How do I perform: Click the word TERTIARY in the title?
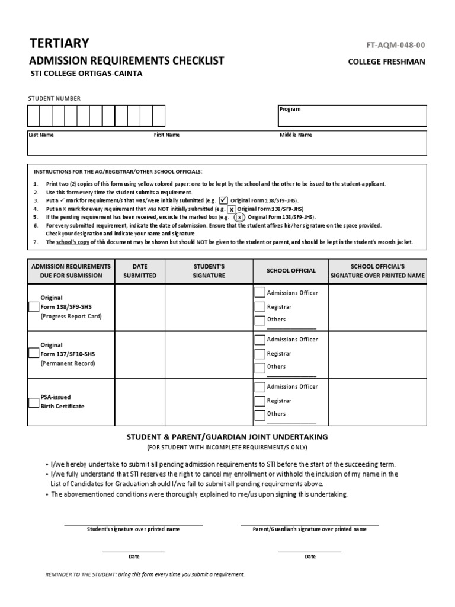[x=59, y=43]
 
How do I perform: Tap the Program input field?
[x=352, y=116]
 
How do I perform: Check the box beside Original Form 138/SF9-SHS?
[x=34, y=306]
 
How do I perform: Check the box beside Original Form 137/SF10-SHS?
[x=34, y=354]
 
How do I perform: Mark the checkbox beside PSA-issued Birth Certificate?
[x=34, y=402]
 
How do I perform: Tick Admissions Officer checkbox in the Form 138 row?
[x=259, y=292]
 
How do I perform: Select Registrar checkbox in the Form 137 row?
[x=259, y=354]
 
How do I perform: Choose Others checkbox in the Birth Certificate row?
[x=259, y=415]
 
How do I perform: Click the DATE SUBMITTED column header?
[x=140, y=271]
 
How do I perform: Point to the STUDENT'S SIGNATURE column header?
[x=209, y=271]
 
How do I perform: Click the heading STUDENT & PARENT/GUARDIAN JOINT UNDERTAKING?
[x=227, y=436]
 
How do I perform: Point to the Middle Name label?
[x=296, y=135]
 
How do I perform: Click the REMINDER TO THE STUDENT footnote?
[x=145, y=574]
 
